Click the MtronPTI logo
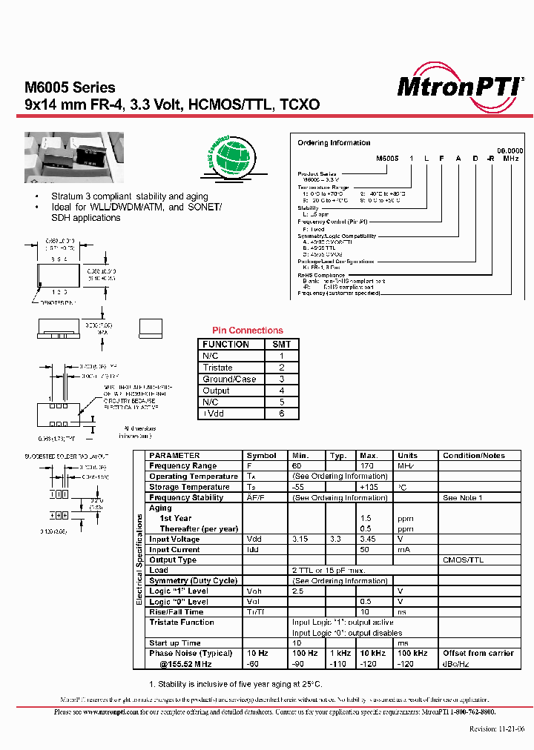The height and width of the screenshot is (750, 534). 460,87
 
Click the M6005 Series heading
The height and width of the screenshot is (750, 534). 70,88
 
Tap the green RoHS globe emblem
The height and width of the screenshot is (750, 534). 227,154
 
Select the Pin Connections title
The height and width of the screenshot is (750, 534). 248,331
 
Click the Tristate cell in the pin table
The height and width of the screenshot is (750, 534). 218,368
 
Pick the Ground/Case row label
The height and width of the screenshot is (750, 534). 229,379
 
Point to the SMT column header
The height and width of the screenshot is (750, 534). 282,345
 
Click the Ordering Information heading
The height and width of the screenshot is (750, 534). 334,143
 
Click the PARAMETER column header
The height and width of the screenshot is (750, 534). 174,456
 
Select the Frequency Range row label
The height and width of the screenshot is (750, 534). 182,466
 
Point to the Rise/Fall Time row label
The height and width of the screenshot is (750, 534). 177,612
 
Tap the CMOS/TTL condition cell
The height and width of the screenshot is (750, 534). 463,560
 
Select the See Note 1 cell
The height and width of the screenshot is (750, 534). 463,498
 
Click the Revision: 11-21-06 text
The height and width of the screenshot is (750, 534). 497,729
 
